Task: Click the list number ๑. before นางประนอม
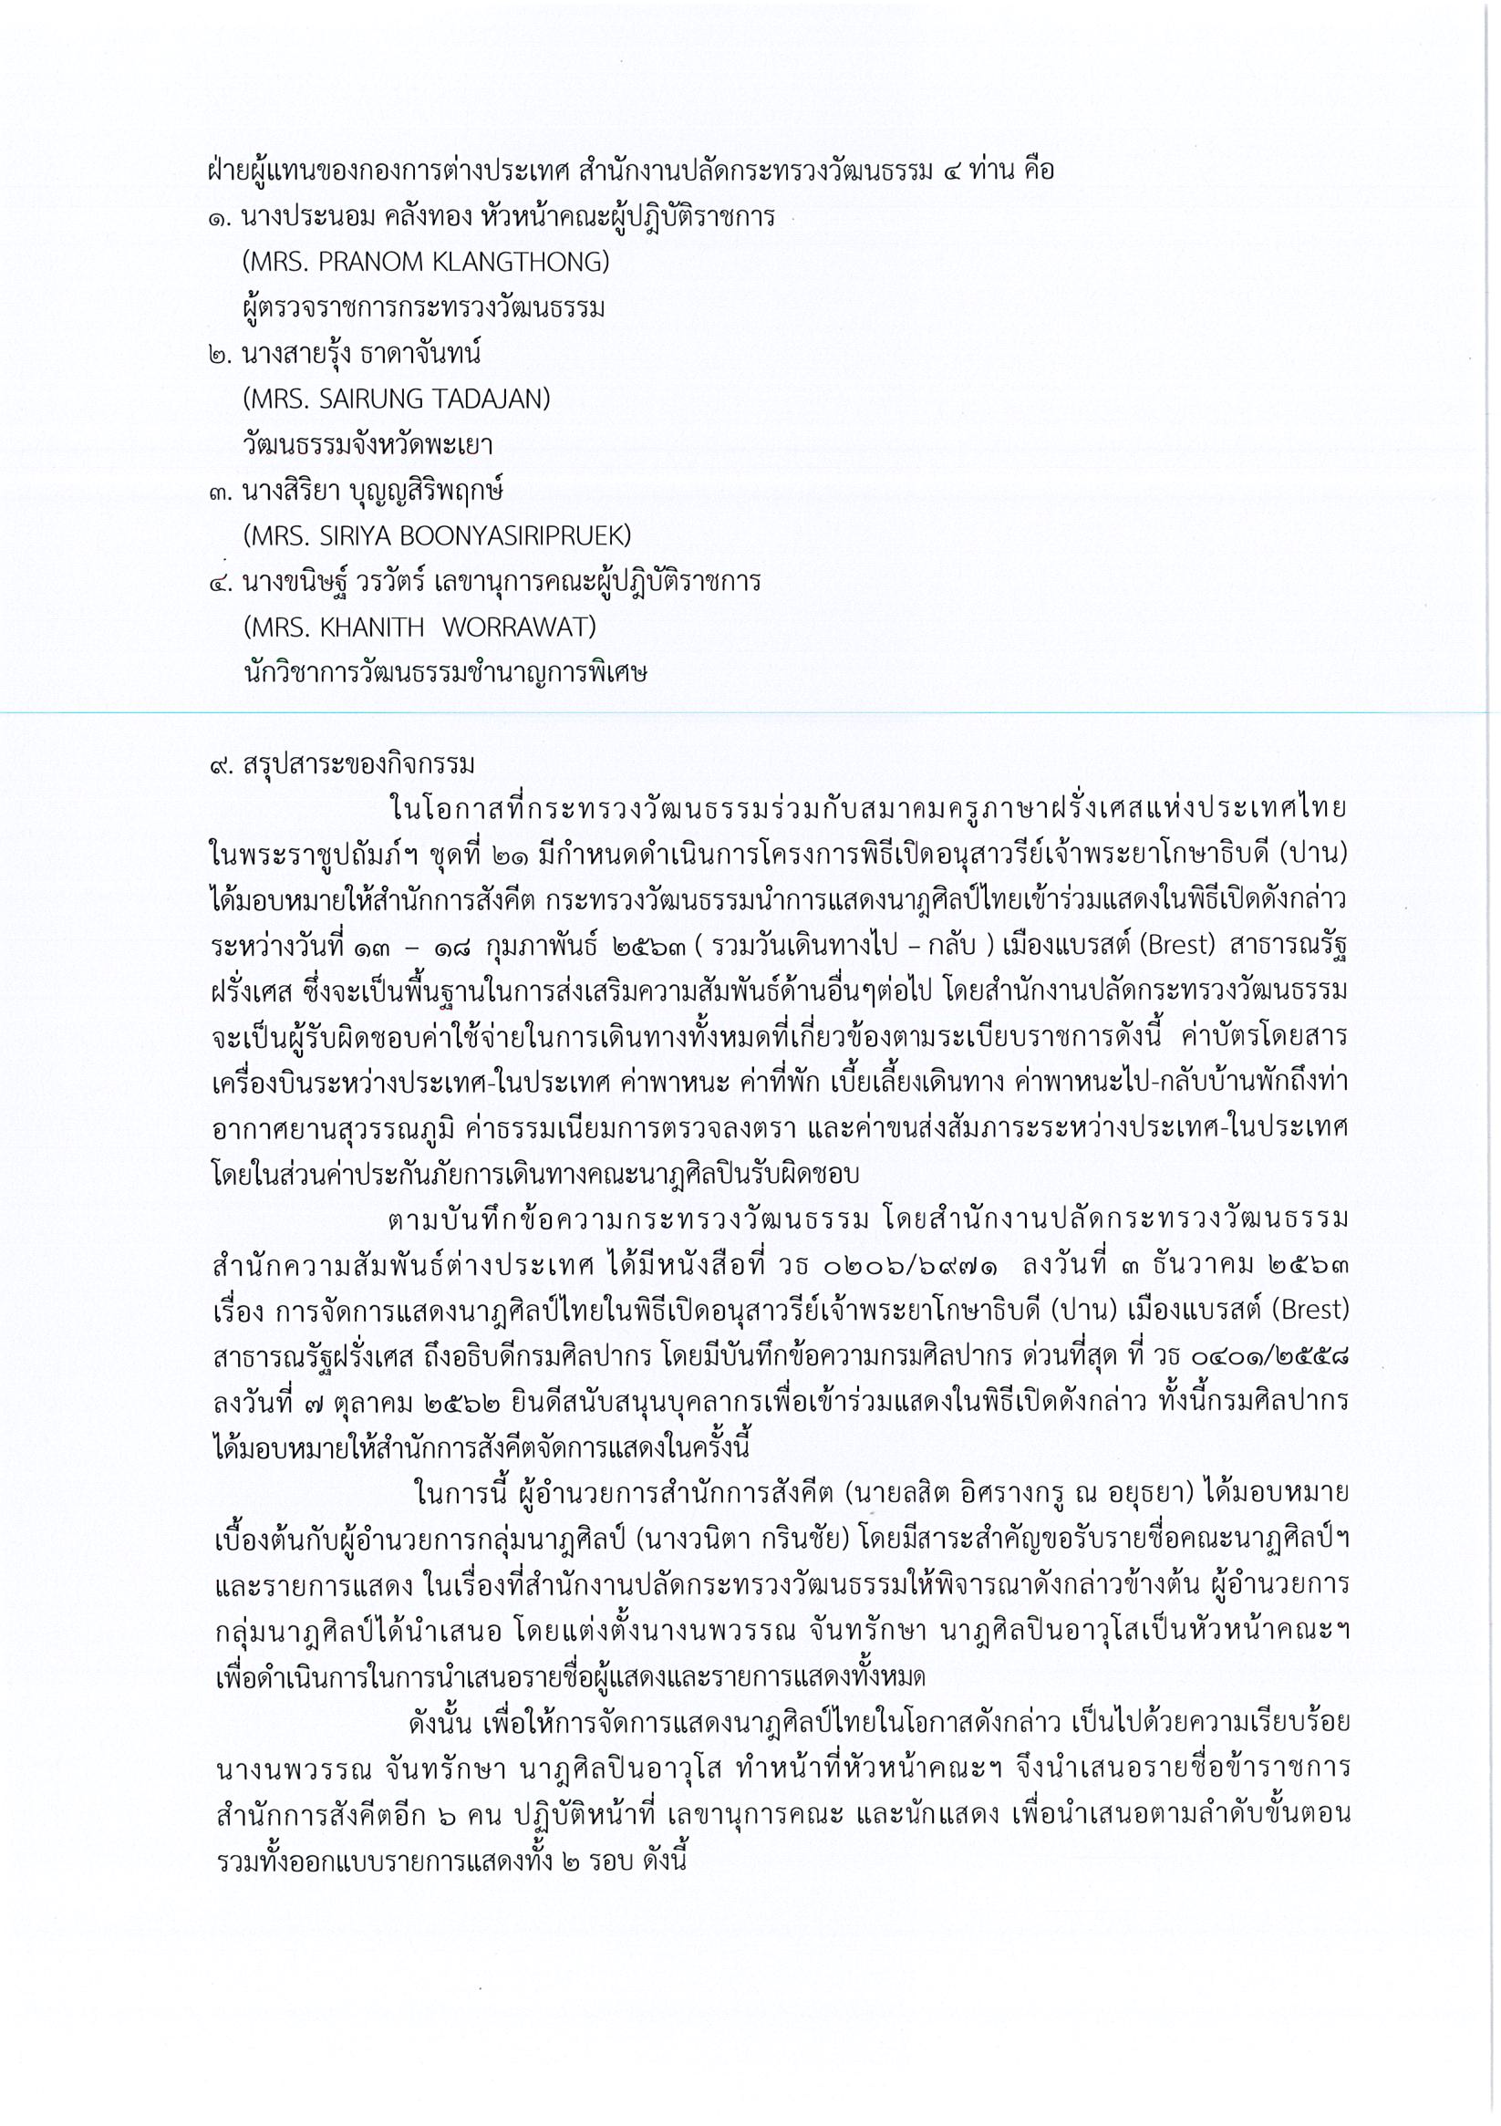point(221,219)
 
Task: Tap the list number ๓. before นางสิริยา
point(221,491)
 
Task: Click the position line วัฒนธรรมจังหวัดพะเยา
point(367,445)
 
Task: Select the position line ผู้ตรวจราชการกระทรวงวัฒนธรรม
point(423,308)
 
